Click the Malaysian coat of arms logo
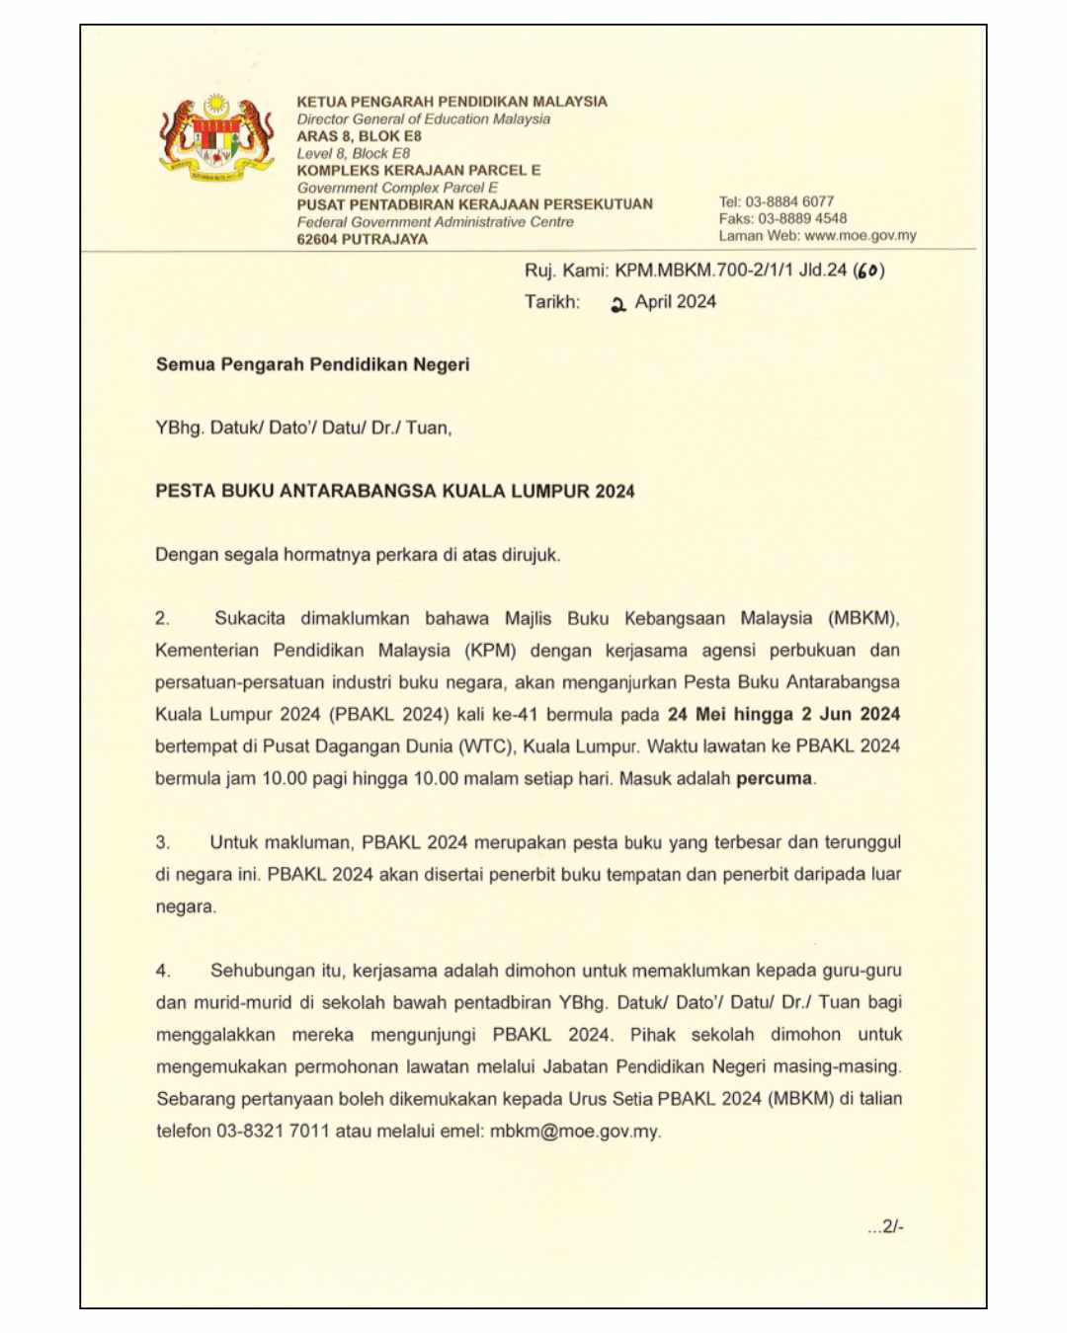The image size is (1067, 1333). (216, 139)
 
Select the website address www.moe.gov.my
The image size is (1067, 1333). (861, 236)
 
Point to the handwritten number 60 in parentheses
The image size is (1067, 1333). (868, 271)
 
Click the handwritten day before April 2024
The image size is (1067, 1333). (618, 304)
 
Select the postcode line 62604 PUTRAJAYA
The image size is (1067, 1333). (363, 239)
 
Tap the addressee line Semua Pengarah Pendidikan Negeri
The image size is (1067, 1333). (312, 364)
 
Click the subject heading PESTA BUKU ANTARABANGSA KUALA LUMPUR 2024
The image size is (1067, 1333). (394, 491)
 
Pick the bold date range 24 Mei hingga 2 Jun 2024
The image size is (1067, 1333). (783, 714)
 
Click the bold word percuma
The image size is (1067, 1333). (775, 778)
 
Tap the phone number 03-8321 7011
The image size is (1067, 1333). (273, 1131)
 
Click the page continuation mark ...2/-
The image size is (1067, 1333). (885, 1226)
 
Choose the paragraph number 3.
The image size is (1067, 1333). (163, 842)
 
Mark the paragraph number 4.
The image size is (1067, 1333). (163, 971)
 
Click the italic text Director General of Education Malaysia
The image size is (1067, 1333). (424, 118)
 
